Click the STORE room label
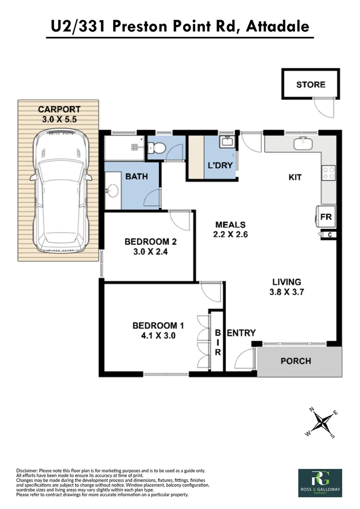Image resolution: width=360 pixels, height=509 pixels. click(311, 85)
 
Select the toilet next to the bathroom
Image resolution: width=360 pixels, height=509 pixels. click(157, 148)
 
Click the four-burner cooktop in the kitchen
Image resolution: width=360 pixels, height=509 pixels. click(328, 173)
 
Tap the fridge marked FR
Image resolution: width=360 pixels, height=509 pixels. click(326, 217)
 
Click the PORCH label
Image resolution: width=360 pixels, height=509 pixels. click(295, 361)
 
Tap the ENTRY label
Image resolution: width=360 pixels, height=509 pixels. click(241, 333)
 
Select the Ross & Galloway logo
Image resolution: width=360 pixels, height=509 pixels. click(320, 483)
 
